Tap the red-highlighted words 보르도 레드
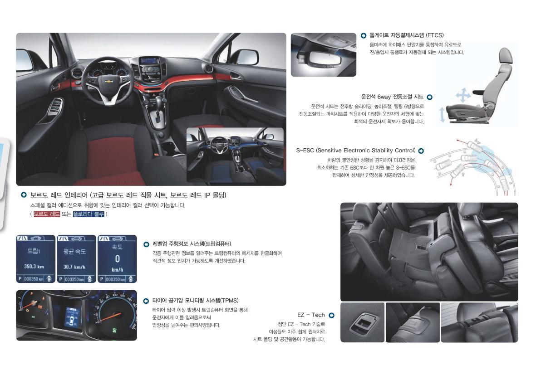[47, 214]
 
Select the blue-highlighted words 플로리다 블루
[89, 214]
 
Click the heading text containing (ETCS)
[407, 35]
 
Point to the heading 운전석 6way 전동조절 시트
[392, 97]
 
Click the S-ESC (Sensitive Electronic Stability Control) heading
[356, 151]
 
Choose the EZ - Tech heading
[311, 315]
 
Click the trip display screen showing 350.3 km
[35, 259]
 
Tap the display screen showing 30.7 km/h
[76, 259]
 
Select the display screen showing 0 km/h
[117, 259]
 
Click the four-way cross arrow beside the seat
[463, 95]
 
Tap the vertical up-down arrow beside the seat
[442, 114]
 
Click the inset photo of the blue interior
[235, 155]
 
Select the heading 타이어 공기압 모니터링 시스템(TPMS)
[196, 301]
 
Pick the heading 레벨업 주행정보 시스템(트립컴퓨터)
[192, 244]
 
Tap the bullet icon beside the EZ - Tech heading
[331, 315]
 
